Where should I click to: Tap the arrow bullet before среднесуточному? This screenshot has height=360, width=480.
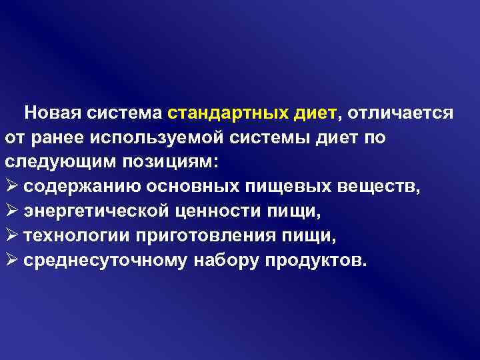[11, 260]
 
